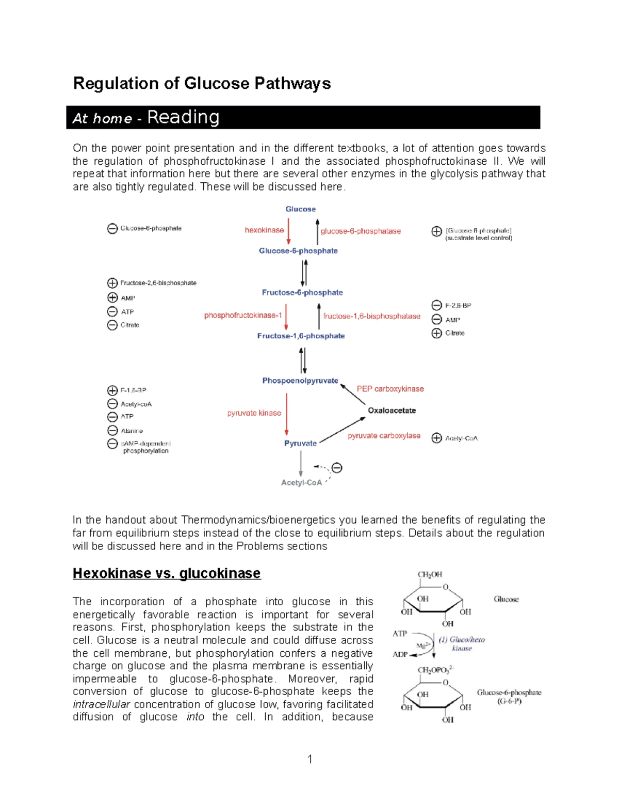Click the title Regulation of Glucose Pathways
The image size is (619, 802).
point(202,83)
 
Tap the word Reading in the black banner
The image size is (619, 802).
point(183,117)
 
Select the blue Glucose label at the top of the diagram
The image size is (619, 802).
point(301,209)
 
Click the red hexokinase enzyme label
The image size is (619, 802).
point(264,230)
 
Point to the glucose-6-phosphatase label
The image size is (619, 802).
point(361,231)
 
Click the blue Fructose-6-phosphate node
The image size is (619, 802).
point(302,292)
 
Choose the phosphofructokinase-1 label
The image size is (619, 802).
point(243,315)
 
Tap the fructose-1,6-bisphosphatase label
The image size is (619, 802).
point(371,316)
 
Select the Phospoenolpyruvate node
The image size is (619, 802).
point(300,381)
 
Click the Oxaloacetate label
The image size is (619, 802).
point(392,411)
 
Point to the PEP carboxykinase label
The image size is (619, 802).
point(390,389)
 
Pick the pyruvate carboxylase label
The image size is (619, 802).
point(384,436)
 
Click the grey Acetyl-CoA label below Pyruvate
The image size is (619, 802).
point(301,483)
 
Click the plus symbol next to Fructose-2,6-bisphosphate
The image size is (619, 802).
point(112,283)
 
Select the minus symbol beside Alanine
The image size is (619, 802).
point(112,430)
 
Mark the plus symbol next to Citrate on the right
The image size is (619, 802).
point(436,333)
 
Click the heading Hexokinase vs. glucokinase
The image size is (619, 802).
point(167,573)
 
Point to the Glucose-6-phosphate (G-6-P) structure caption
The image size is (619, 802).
point(509,697)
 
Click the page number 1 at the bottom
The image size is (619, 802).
point(309,759)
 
